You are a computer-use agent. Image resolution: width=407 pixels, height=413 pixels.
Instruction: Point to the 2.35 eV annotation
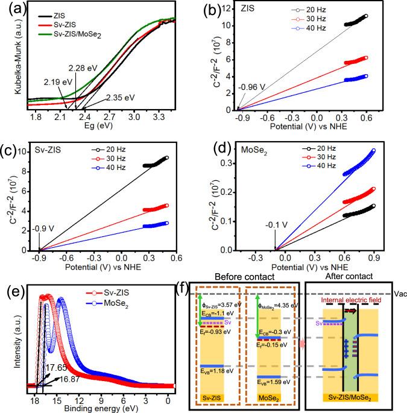[x=121, y=96]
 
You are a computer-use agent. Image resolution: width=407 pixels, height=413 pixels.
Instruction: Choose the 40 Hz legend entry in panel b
[x=339, y=34]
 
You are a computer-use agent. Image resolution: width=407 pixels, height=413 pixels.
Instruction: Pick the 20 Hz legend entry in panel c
[x=135, y=163]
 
